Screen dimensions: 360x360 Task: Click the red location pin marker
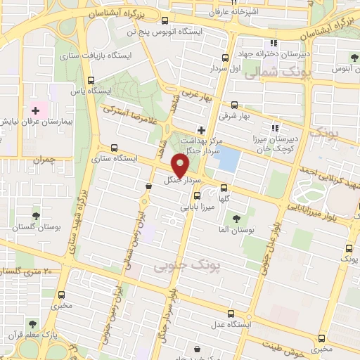pos(180,166)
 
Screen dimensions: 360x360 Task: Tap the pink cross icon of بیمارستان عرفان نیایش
pos(35,110)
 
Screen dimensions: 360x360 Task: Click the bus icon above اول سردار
pos(224,58)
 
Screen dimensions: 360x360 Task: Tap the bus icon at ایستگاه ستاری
pos(114,148)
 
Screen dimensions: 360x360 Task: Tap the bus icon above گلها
pos(224,188)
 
